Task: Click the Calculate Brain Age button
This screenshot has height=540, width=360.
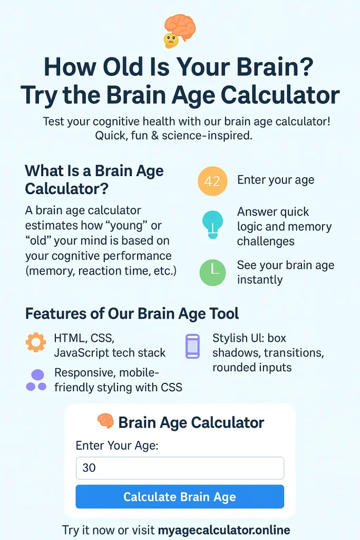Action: (180, 496)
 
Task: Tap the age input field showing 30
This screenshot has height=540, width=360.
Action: (180, 468)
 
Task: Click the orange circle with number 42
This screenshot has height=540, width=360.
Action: (212, 181)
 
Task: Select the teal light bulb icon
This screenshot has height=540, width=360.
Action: (213, 224)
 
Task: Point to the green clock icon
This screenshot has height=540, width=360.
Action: (213, 273)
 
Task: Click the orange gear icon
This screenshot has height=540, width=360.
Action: (36, 342)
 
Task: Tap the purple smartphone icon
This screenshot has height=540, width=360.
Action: (193, 346)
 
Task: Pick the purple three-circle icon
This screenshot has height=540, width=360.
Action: (36, 380)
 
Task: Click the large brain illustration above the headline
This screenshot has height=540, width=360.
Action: (180, 27)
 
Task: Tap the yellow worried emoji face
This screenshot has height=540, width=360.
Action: (171, 41)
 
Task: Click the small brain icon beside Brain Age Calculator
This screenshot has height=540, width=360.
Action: (105, 421)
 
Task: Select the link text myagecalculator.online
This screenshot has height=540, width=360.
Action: (224, 529)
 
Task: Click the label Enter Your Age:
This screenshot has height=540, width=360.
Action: (117, 445)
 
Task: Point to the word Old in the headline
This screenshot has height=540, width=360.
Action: (123, 66)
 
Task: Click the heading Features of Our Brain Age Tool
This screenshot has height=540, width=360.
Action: (132, 314)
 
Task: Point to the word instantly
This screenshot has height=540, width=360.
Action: (260, 279)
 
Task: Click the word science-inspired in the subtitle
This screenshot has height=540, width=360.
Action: (207, 136)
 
